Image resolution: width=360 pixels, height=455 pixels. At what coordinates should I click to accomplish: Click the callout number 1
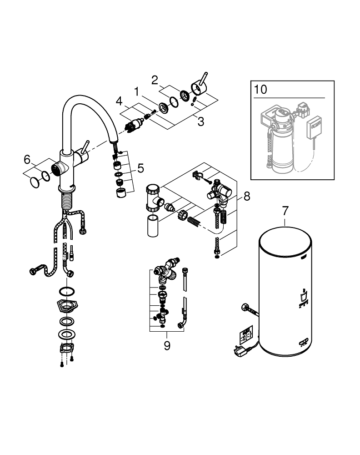click(136, 92)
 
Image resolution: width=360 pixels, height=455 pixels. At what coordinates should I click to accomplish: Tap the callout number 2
click(155, 80)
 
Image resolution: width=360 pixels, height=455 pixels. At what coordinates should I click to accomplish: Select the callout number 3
click(201, 121)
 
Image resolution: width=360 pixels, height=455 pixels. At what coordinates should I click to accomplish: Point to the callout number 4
click(119, 101)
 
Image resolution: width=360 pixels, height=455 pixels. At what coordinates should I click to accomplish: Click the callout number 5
click(140, 168)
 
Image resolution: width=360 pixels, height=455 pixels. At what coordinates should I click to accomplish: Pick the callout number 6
click(27, 159)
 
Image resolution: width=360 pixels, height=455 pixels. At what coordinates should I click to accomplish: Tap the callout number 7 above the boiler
click(285, 211)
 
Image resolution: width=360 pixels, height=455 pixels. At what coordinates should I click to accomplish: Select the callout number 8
click(247, 197)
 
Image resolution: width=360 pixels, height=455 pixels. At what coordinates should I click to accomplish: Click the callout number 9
click(167, 346)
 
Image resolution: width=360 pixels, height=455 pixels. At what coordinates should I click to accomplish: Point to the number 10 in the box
click(260, 90)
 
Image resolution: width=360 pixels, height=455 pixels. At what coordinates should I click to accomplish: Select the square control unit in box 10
click(314, 127)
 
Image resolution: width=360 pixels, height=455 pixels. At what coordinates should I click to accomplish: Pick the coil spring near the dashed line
click(194, 221)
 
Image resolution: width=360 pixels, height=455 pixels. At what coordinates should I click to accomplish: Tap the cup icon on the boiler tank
click(303, 296)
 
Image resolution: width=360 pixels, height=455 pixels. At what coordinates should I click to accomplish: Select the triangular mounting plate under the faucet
click(68, 306)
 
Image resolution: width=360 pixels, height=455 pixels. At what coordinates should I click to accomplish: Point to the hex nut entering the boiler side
click(245, 308)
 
